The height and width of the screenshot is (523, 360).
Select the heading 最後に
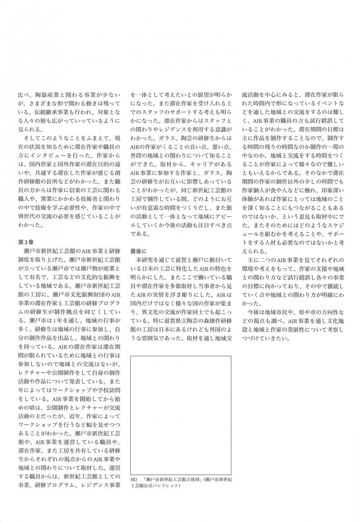pyautogui.click(x=138, y=251)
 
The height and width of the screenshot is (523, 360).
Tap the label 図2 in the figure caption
pyautogui.click(x=134, y=479)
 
